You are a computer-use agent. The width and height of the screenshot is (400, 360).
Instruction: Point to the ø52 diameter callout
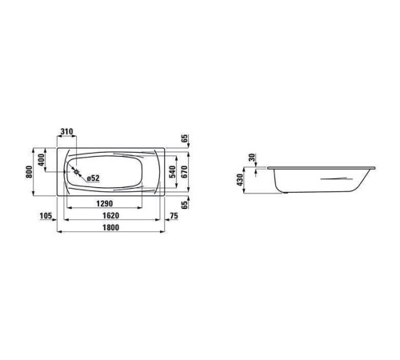coord(92,178)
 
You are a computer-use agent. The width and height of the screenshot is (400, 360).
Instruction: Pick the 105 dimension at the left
coord(46,217)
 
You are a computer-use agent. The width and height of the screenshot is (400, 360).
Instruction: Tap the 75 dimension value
coord(174,217)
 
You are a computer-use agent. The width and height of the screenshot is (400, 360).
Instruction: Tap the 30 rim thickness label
coord(253,158)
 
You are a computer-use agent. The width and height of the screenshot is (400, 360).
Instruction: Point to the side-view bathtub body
coord(320,180)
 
